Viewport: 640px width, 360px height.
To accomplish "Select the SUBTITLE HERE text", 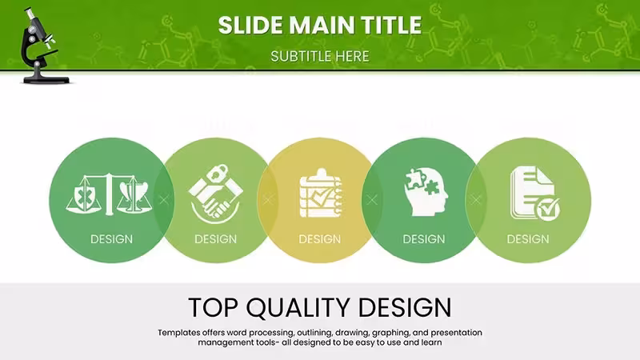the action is (320, 56).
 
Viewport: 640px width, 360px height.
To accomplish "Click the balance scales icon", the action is (109, 194).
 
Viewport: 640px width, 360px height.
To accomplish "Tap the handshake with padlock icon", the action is (215, 194).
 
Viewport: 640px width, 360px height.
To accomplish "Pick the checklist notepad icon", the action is (321, 193).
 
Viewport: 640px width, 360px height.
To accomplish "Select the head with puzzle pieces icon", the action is (426, 192).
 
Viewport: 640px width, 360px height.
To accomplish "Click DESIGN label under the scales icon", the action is (111, 239).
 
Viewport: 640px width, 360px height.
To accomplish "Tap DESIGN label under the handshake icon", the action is (215, 239).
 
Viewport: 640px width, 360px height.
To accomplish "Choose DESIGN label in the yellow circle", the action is (319, 239).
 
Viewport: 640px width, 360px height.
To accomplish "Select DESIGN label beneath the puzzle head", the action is (424, 239).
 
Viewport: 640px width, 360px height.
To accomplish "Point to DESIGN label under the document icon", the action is (528, 239).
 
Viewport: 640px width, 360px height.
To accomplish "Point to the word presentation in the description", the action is (456, 333).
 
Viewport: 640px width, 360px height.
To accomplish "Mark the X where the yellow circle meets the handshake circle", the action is (268, 199).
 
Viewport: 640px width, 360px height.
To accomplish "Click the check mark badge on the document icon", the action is (548, 210).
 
